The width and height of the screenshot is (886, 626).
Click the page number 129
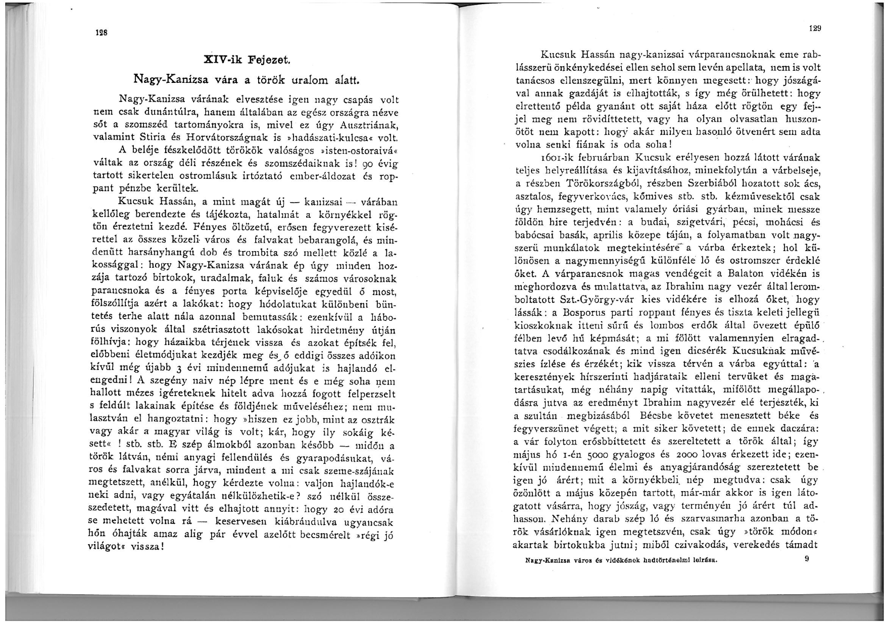814,29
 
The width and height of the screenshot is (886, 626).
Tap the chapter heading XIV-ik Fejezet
246,60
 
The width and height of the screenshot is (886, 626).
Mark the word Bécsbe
658,416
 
